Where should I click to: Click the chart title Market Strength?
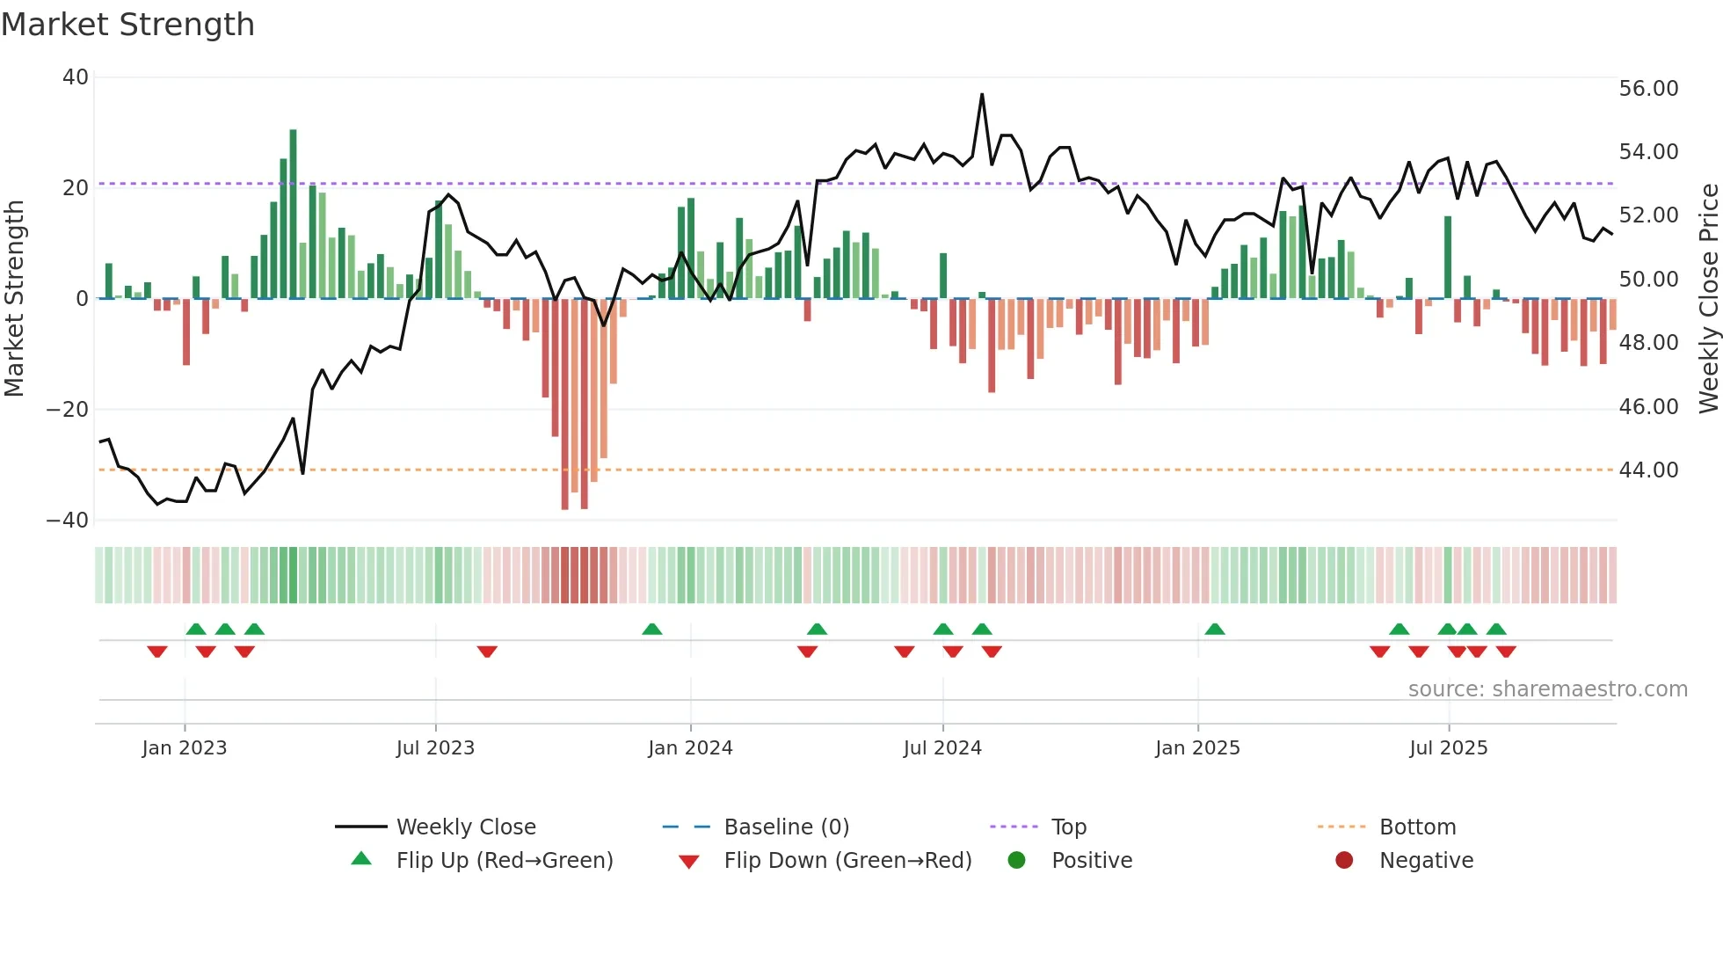pyautogui.click(x=127, y=25)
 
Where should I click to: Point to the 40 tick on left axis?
pyautogui.click(x=76, y=77)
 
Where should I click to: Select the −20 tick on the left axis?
pyautogui.click(x=68, y=409)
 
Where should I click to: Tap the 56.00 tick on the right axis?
pyautogui.click(x=1648, y=89)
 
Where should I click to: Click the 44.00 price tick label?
pyautogui.click(x=1648, y=470)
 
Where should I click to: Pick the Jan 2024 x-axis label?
pyautogui.click(x=690, y=748)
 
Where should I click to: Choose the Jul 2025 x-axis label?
pyautogui.click(x=1448, y=748)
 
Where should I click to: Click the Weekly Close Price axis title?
pyautogui.click(x=1708, y=299)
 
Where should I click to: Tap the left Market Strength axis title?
pyautogui.click(x=15, y=299)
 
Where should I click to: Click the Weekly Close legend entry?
pyautogui.click(x=465, y=827)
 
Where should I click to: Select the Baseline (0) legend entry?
pyautogui.click(x=786, y=827)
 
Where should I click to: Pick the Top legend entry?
pyautogui.click(x=1068, y=827)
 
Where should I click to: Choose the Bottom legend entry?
pyautogui.click(x=1417, y=827)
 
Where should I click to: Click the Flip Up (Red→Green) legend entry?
pyautogui.click(x=504, y=861)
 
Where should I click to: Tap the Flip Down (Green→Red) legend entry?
pyautogui.click(x=847, y=861)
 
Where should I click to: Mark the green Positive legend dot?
pyautogui.click(x=1017, y=860)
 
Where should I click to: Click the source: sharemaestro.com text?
pyautogui.click(x=1547, y=689)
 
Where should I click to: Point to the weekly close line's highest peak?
pyautogui.click(x=982, y=95)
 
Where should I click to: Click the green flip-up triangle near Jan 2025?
pyautogui.click(x=1215, y=629)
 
